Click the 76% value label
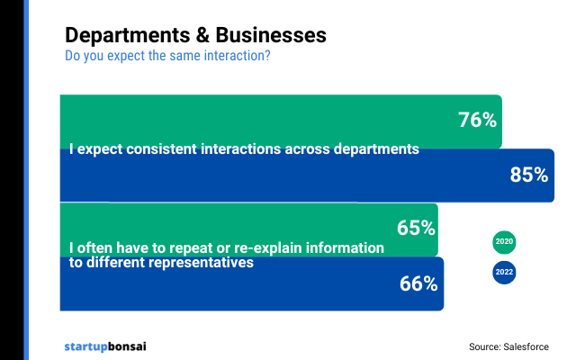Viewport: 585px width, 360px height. [476, 120]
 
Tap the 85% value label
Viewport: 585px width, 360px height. [528, 175]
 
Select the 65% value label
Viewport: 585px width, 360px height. [415, 228]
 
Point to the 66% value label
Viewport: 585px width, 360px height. [418, 284]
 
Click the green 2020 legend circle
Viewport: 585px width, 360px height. [504, 242]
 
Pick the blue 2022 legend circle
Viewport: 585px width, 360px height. [504, 273]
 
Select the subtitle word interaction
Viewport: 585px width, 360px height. [237, 56]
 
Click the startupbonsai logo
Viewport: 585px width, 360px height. [105, 346]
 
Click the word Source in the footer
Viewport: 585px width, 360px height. [483, 346]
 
